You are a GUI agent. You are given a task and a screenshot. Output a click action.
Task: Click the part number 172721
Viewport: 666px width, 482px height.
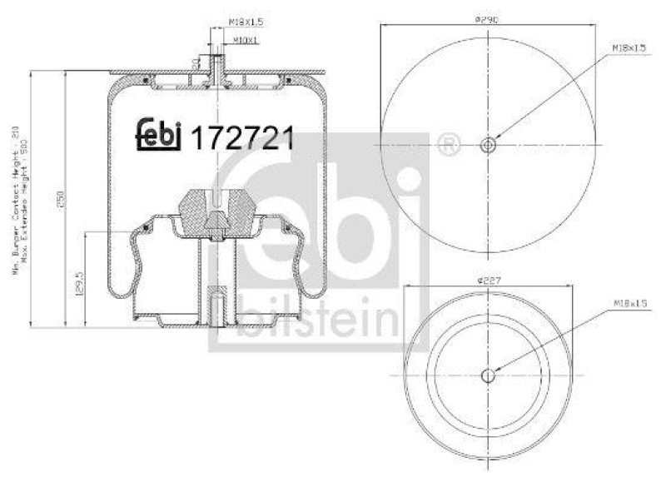pos(243,137)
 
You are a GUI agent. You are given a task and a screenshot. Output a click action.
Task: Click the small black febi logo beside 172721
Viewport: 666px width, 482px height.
pos(158,133)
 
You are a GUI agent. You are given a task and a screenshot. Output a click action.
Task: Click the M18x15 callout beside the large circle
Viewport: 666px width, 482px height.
pos(629,49)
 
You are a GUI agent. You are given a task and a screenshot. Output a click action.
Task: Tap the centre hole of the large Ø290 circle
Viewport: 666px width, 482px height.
pos(488,145)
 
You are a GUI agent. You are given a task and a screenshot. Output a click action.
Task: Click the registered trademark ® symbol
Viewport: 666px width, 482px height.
pos(448,144)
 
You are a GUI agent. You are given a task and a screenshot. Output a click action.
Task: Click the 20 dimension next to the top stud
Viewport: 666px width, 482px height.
pos(194,62)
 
